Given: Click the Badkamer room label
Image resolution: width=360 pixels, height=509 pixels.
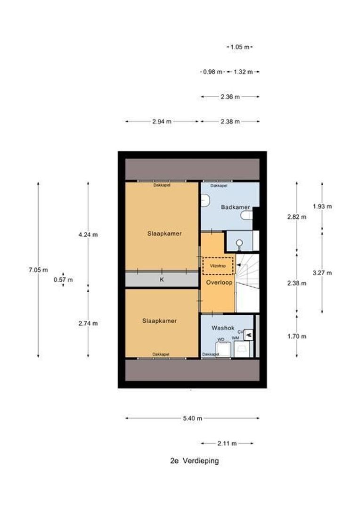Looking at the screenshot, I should pos(235,207).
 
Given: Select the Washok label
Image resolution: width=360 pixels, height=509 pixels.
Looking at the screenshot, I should pos(222,328).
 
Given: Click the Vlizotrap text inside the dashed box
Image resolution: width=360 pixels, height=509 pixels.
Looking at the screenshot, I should pos(218,266).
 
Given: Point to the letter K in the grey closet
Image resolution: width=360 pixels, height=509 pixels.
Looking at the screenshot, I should pos(161,279).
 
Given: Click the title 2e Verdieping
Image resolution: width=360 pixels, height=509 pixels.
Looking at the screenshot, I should pos(195,461).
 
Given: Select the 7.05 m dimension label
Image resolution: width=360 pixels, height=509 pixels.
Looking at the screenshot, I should pos(38,270).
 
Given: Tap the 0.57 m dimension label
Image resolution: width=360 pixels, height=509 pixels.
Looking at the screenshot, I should pos(63,279).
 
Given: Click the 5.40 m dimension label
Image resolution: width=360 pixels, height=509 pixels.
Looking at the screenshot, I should pos(192,418).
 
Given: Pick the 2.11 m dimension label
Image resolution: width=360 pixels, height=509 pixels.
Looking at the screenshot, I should pos(227,443).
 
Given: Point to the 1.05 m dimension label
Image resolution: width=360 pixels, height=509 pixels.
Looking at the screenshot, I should pos(240,47).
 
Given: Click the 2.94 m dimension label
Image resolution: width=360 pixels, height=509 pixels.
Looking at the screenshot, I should pos(162,121).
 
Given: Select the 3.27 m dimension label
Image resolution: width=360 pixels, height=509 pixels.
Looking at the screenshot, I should pos(322,272).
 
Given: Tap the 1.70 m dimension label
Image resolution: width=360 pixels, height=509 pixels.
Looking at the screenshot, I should pos(297,336).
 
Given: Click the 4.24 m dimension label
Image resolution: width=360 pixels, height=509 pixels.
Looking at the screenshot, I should pos(88,234).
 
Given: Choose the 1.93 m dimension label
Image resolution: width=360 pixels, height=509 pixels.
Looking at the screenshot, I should pos(322,206).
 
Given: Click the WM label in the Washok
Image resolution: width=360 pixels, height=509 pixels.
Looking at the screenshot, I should pos(235,338).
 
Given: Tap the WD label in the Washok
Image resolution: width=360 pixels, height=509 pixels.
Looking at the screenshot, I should pos(221,339).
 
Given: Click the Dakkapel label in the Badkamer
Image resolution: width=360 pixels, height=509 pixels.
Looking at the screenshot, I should pos(219,186).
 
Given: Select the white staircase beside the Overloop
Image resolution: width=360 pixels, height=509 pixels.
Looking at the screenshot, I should pos(248,283).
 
